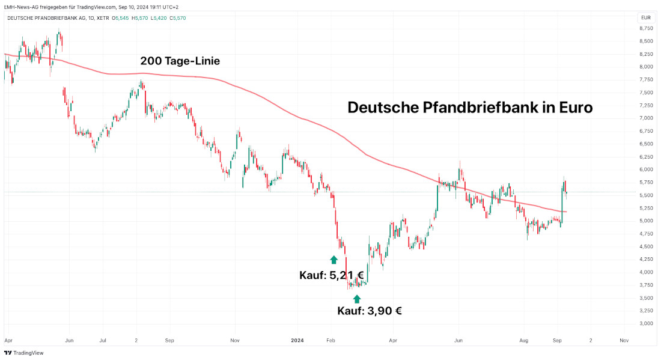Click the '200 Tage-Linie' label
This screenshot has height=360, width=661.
point(180,61)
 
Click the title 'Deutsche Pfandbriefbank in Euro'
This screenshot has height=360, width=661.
point(470,108)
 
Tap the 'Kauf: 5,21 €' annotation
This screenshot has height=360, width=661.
point(332,275)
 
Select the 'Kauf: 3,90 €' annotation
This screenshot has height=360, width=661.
point(369,311)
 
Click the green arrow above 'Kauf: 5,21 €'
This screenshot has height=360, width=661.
point(334,259)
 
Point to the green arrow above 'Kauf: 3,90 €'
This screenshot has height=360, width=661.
point(357,299)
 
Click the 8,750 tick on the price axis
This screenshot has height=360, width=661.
point(647,28)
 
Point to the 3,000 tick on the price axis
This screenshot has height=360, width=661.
point(647,323)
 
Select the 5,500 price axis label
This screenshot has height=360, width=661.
point(647,195)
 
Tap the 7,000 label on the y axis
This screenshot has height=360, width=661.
point(647,118)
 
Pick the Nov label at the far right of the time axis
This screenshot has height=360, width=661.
point(624,340)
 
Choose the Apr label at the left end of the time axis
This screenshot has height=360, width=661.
point(8,340)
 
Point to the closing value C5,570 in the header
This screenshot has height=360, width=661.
point(177,18)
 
